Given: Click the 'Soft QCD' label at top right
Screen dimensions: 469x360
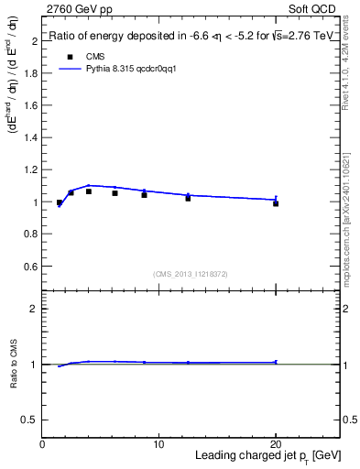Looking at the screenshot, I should tap(313, 9).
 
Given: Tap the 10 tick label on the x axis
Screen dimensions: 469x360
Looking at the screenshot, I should tap(158, 444).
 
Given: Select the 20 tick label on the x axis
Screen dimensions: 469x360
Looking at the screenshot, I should tap(275, 444).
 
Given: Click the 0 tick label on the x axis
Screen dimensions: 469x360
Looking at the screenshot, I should tap(42, 444).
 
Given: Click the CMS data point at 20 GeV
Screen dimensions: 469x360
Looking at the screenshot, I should tap(276, 203).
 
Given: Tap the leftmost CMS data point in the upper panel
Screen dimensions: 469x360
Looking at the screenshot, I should tap(60, 202).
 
